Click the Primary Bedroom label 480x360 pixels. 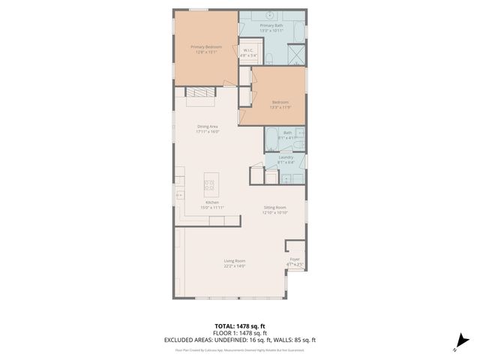click(x=205, y=46)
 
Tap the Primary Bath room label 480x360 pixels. click(x=271, y=26)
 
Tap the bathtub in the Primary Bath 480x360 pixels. click(x=298, y=31)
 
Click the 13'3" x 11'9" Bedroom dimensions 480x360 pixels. click(x=280, y=107)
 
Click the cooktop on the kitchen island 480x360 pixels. click(x=210, y=184)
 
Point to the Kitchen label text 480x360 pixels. click(x=212, y=202)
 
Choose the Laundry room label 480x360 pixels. click(x=286, y=157)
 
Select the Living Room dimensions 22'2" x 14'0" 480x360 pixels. click(x=235, y=266)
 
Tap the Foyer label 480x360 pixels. click(x=295, y=259)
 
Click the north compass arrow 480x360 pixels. click(x=461, y=343)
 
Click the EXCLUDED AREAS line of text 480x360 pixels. click(x=240, y=338)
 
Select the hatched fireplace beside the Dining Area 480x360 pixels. click(x=199, y=92)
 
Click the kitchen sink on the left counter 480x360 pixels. click(x=180, y=194)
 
